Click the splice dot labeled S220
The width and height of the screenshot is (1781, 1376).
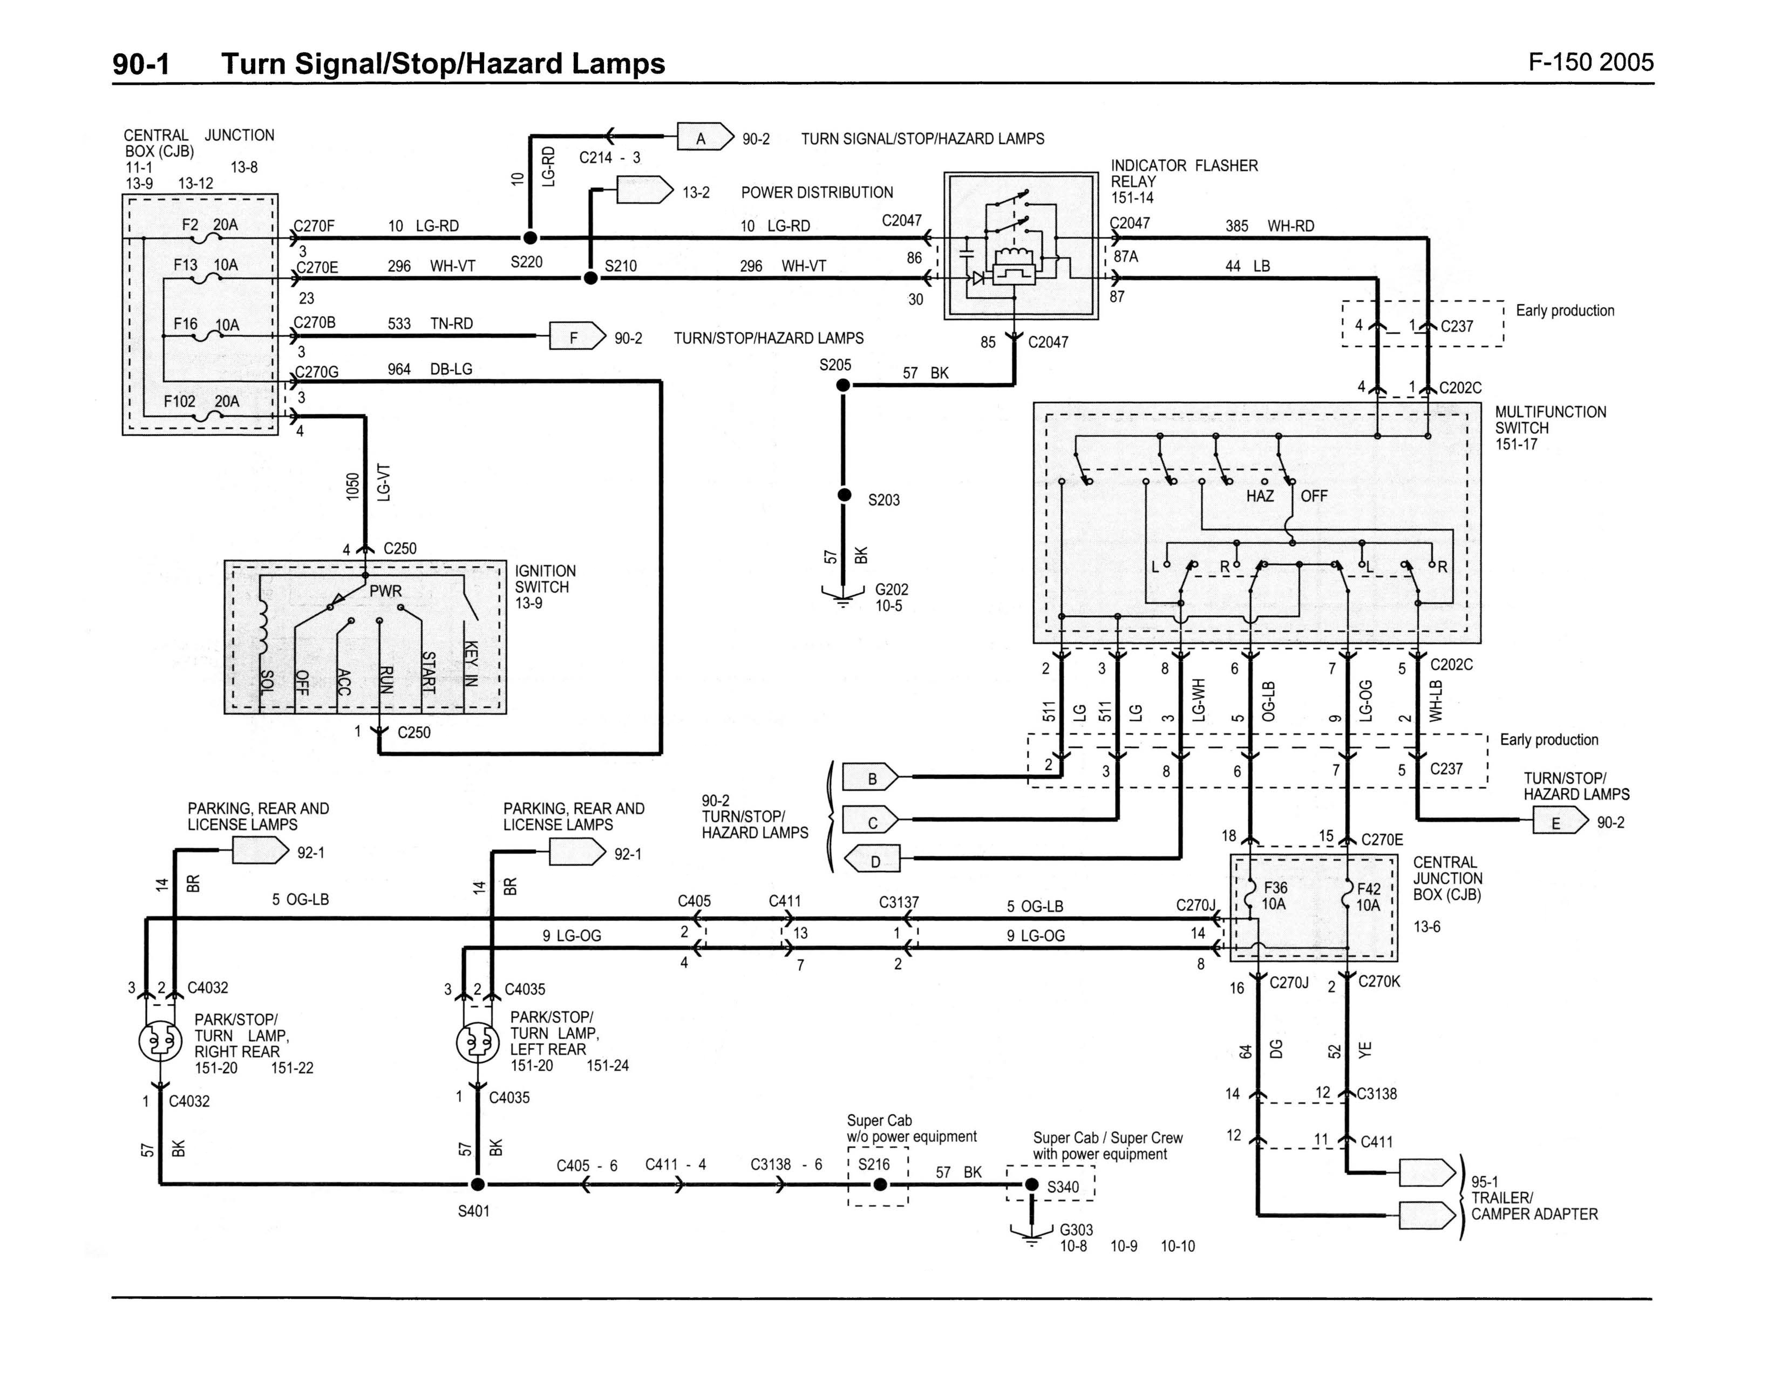pos(530,238)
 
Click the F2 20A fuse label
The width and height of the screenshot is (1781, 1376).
pos(210,225)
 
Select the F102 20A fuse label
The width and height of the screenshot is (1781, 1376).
pos(201,401)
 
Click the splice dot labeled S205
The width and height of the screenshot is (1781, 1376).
pos(843,385)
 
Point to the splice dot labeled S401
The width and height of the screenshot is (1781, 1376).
pos(478,1184)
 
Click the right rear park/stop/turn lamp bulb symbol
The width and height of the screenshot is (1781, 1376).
pos(160,1041)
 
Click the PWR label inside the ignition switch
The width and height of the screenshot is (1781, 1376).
pos(386,590)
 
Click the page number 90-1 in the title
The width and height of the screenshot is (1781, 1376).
pos(141,64)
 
